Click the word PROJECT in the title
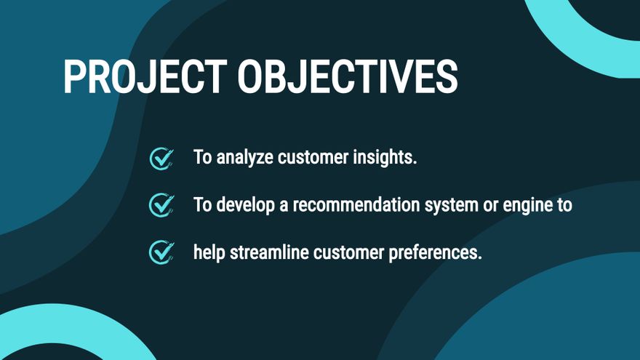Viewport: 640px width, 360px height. tap(145, 77)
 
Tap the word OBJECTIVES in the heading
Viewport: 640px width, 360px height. tap(348, 77)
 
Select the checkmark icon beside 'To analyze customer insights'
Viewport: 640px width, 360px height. tap(161, 159)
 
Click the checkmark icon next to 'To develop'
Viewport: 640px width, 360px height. tap(161, 205)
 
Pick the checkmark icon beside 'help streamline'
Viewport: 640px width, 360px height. tap(161, 252)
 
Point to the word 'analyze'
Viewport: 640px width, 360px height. tap(244, 158)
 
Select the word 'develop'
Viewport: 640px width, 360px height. tap(245, 205)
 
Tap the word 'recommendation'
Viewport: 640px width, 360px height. tap(356, 204)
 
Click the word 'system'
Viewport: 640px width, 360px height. tap(451, 206)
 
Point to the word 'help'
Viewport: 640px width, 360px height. tap(209, 252)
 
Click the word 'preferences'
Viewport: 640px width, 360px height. tap(435, 252)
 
